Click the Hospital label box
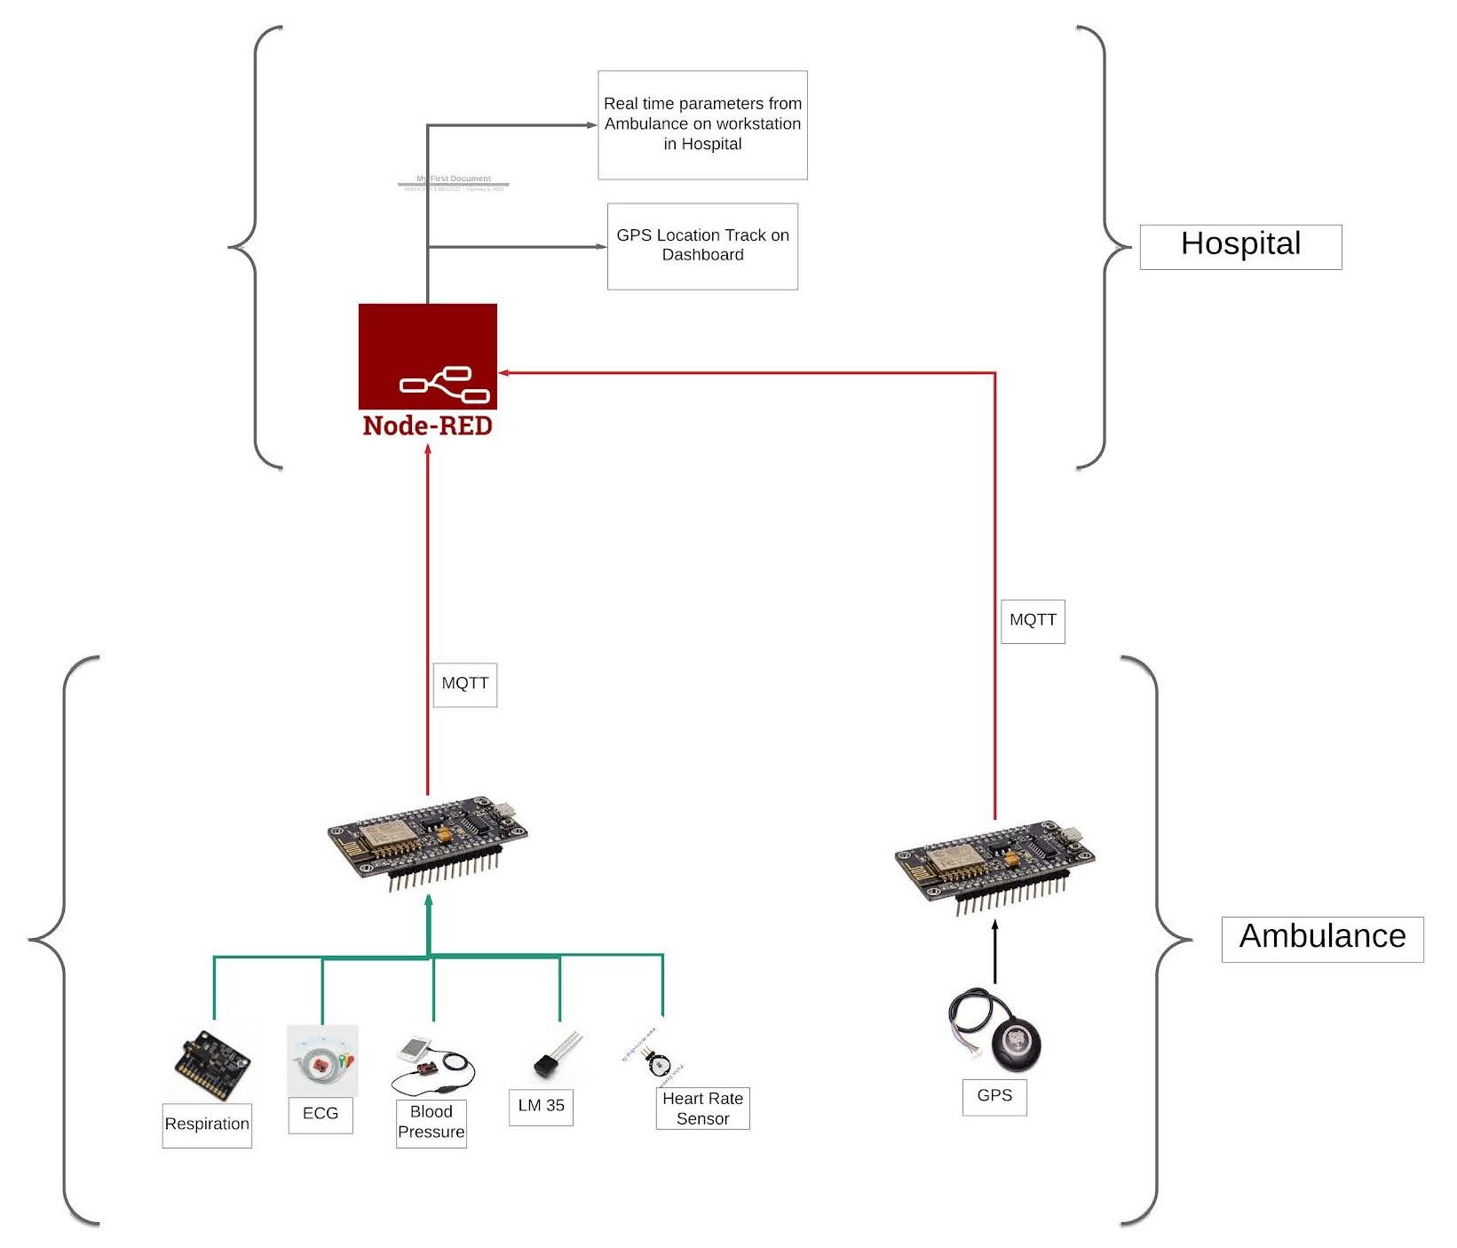click(1239, 246)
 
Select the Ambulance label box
click(1321, 938)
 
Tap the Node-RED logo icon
click(427, 357)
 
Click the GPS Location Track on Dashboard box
click(702, 246)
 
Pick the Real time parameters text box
click(702, 124)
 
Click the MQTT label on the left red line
click(464, 684)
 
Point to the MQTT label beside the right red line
click(1032, 621)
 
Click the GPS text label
click(994, 1096)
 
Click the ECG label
click(321, 1114)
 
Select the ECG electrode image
click(322, 1060)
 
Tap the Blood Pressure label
click(431, 1123)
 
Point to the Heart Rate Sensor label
click(702, 1109)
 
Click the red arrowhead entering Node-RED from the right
click(503, 373)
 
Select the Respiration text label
click(207, 1125)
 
